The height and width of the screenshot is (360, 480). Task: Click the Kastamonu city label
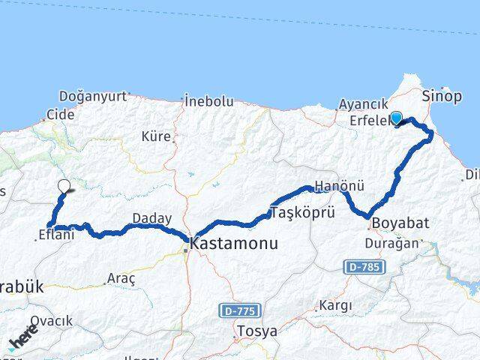(234, 244)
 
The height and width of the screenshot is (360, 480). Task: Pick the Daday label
(147, 218)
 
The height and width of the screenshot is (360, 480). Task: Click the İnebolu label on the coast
(209, 101)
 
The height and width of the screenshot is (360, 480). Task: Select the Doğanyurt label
(92, 96)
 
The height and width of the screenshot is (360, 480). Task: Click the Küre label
(156, 136)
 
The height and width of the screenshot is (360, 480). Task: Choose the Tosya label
(256, 330)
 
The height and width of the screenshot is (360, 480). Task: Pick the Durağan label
(385, 244)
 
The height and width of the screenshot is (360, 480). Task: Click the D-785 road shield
(364, 267)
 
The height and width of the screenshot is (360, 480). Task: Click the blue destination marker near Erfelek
(397, 116)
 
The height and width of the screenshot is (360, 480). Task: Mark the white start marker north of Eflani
(64, 186)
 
